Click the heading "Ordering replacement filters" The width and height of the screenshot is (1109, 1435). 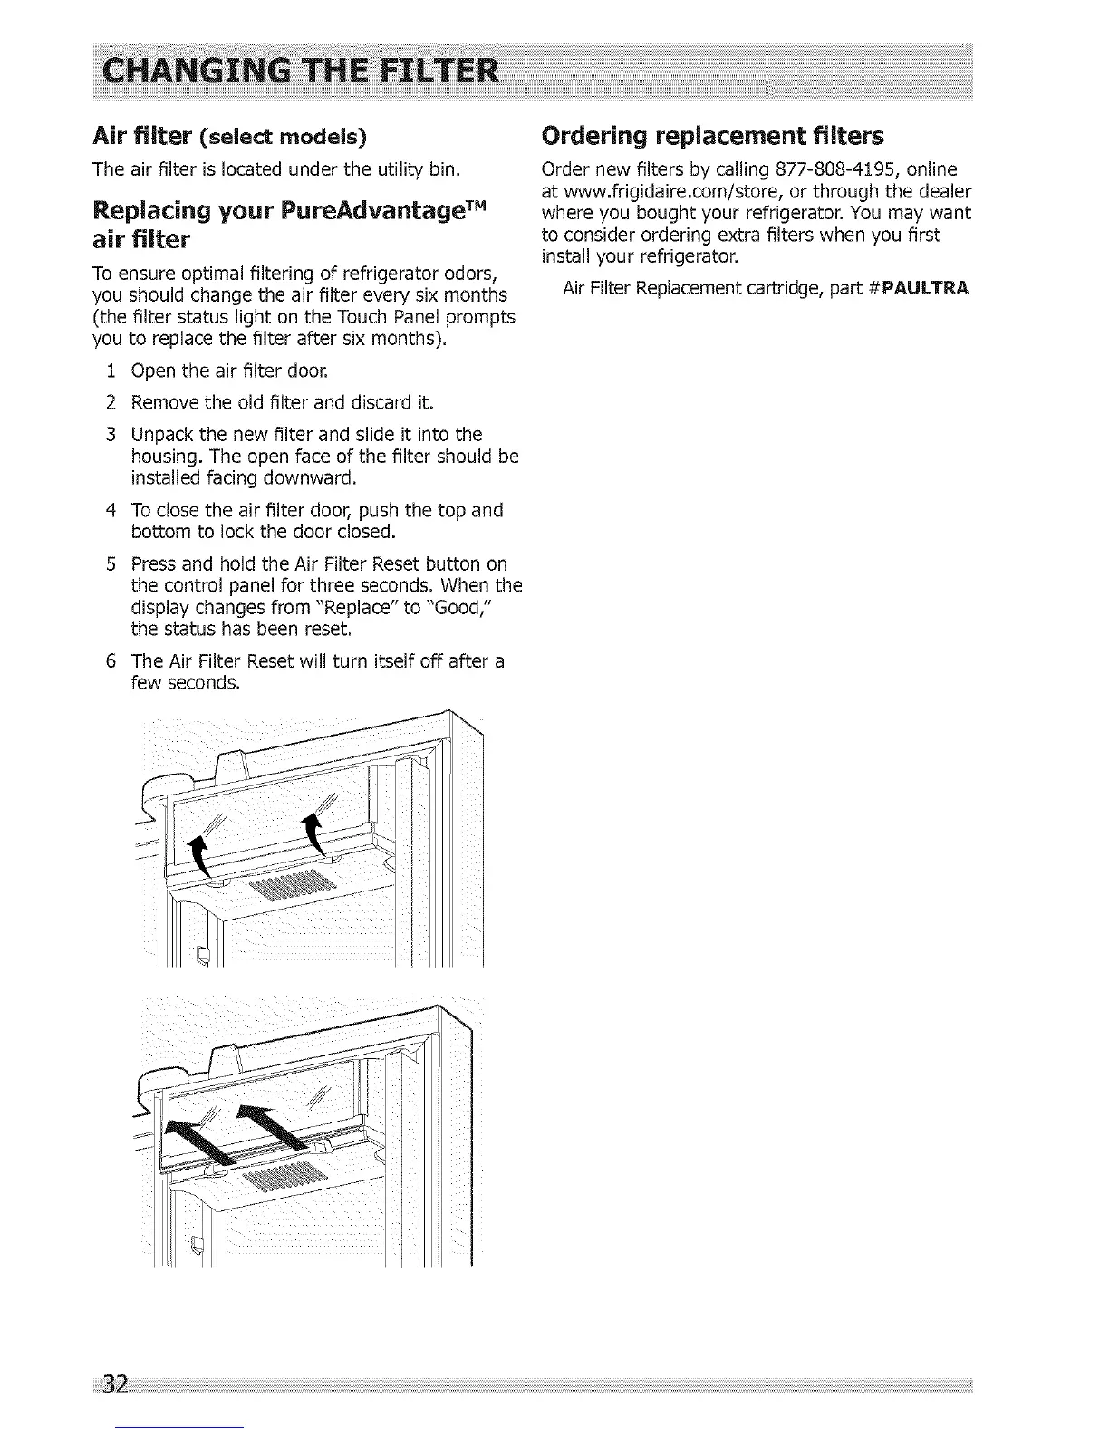pyautogui.click(x=711, y=137)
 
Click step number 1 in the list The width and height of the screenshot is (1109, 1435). pyautogui.click(x=110, y=371)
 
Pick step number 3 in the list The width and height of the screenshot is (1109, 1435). pyautogui.click(x=110, y=435)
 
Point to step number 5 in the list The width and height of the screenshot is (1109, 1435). pyautogui.click(x=110, y=564)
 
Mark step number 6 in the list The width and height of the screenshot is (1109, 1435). pyautogui.click(x=110, y=661)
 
